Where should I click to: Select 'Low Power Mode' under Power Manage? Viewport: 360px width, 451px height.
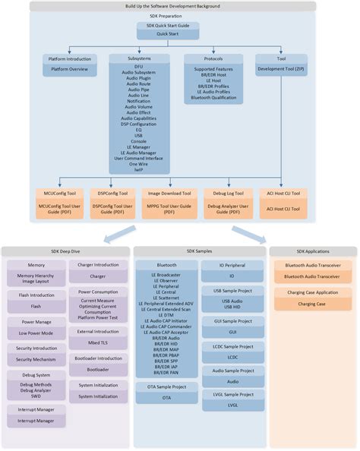point(36,332)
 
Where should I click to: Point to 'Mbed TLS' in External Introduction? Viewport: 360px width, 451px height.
point(97,342)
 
